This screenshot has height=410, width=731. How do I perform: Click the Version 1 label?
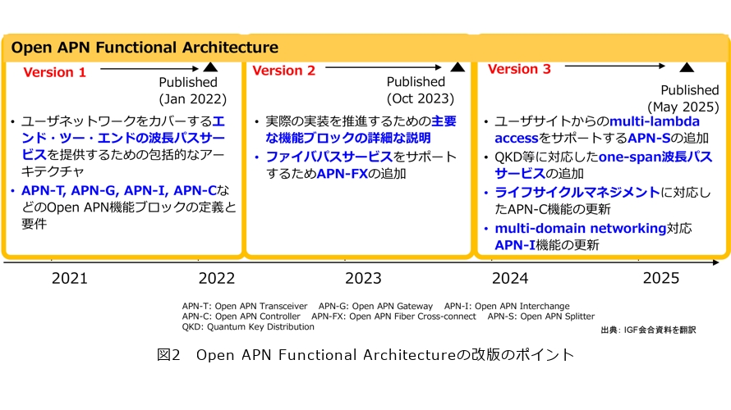[x=54, y=73]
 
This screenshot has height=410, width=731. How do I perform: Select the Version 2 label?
[x=283, y=71]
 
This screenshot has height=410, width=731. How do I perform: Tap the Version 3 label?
[x=519, y=70]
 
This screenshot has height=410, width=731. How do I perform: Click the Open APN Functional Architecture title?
[x=145, y=48]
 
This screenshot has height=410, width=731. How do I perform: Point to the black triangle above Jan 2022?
[x=210, y=67]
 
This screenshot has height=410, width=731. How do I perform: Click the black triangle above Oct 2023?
[x=457, y=67]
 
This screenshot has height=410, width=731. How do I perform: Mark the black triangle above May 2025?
[x=687, y=67]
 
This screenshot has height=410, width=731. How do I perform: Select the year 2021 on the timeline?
[x=70, y=278]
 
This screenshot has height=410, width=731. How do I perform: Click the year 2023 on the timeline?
[x=363, y=278]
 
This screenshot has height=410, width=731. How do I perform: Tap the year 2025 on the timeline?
[x=661, y=278]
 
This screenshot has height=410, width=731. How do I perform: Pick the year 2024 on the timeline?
[x=510, y=278]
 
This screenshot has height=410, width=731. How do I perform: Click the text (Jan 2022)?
[x=192, y=99]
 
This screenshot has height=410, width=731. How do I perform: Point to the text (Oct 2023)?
[x=420, y=98]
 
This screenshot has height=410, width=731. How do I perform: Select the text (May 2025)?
[x=683, y=107]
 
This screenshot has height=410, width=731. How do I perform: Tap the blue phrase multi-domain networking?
[x=581, y=229]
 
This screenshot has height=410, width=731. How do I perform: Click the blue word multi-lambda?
[x=655, y=121]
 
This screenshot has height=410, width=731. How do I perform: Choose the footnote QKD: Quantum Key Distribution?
[x=248, y=326]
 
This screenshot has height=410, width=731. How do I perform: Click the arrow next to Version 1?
[x=149, y=69]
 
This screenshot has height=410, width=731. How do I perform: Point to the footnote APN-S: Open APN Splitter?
[x=540, y=317]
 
